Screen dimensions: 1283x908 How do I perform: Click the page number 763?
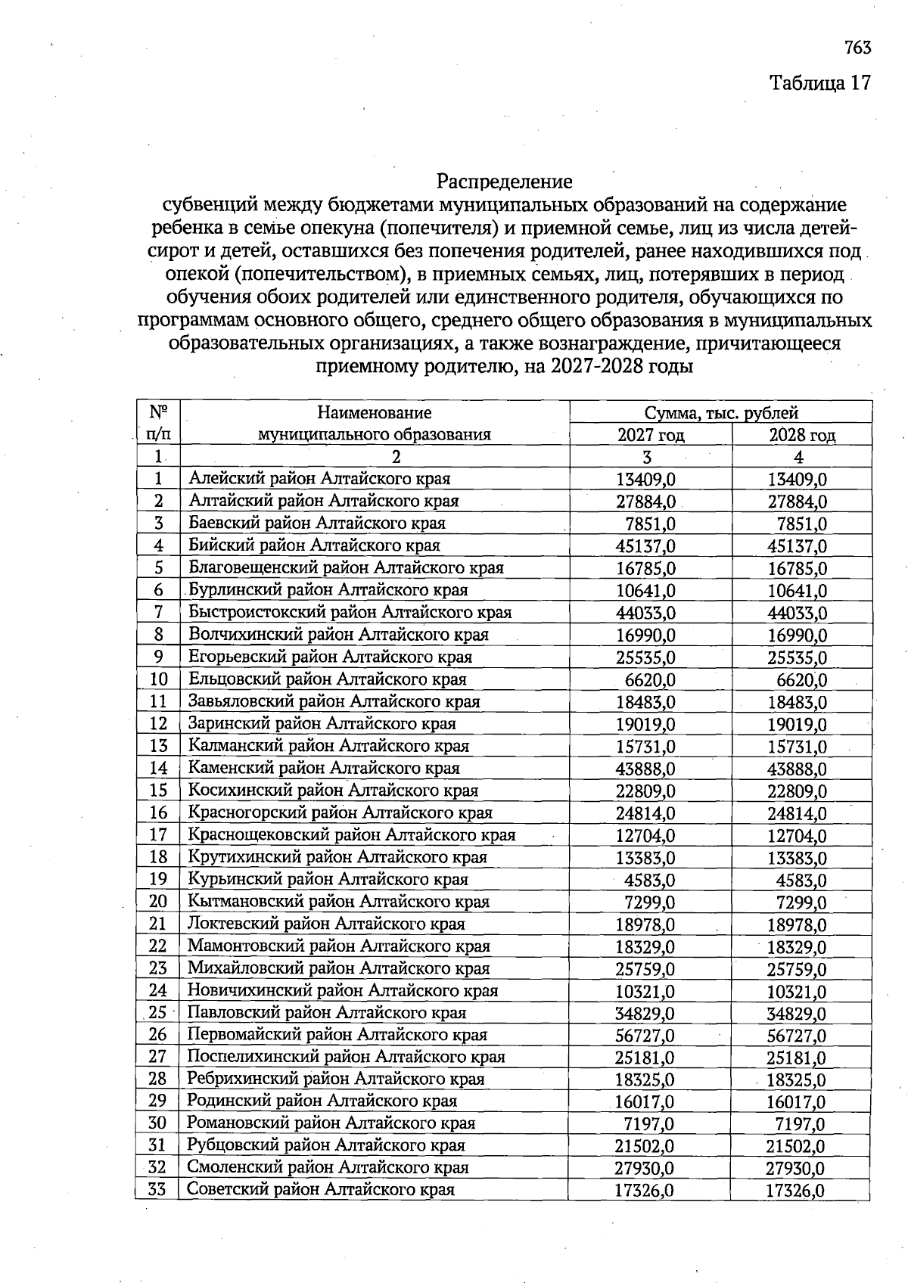857,48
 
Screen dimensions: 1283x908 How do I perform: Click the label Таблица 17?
820,82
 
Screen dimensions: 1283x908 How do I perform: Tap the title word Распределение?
505,182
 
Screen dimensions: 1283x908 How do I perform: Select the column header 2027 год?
651,435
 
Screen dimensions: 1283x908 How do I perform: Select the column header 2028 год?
802,435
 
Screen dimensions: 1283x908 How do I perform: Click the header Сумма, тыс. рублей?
721,413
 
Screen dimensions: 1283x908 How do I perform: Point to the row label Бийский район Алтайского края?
314,545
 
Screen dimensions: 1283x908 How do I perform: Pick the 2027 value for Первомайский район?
645,1036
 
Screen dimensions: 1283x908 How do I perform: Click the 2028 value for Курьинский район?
801,881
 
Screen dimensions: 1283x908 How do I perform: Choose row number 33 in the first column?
157,1189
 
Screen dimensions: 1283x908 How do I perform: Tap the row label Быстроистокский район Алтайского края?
350,612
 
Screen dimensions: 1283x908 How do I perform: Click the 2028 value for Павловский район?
797,1014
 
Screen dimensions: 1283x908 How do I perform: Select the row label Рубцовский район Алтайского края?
325,1145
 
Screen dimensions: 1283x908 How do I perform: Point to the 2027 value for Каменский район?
645,769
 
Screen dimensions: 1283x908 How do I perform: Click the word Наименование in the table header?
375,413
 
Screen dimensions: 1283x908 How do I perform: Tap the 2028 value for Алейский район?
798,480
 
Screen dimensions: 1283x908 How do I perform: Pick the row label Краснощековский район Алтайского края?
351,835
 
